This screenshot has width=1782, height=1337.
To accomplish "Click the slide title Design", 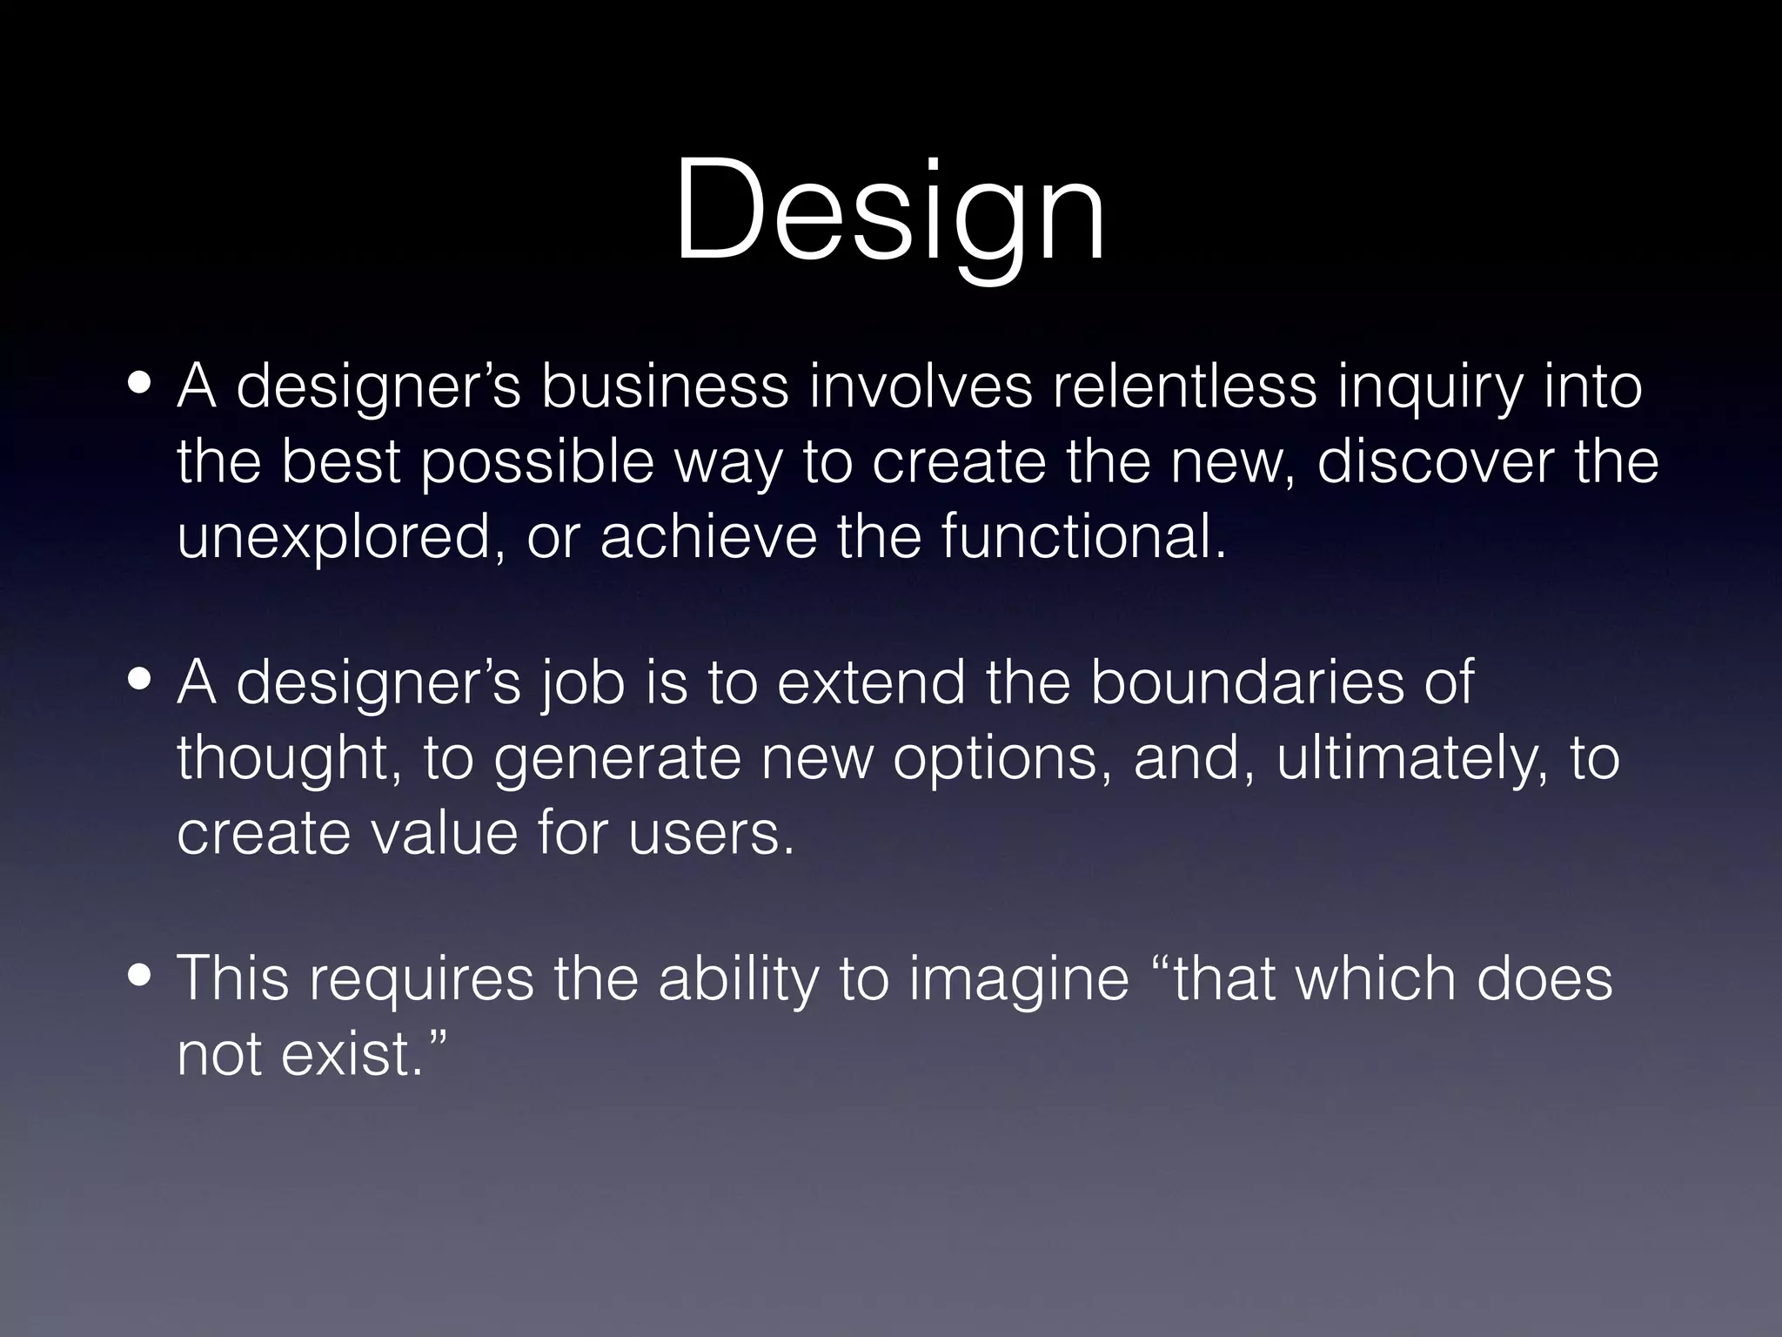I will tap(889, 213).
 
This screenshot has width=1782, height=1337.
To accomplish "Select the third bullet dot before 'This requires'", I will tap(138, 978).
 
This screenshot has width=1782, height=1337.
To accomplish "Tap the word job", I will tap(580, 685).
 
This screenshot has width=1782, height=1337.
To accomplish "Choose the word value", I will tap(444, 832).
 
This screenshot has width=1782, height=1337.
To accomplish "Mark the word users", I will tap(711, 832).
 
